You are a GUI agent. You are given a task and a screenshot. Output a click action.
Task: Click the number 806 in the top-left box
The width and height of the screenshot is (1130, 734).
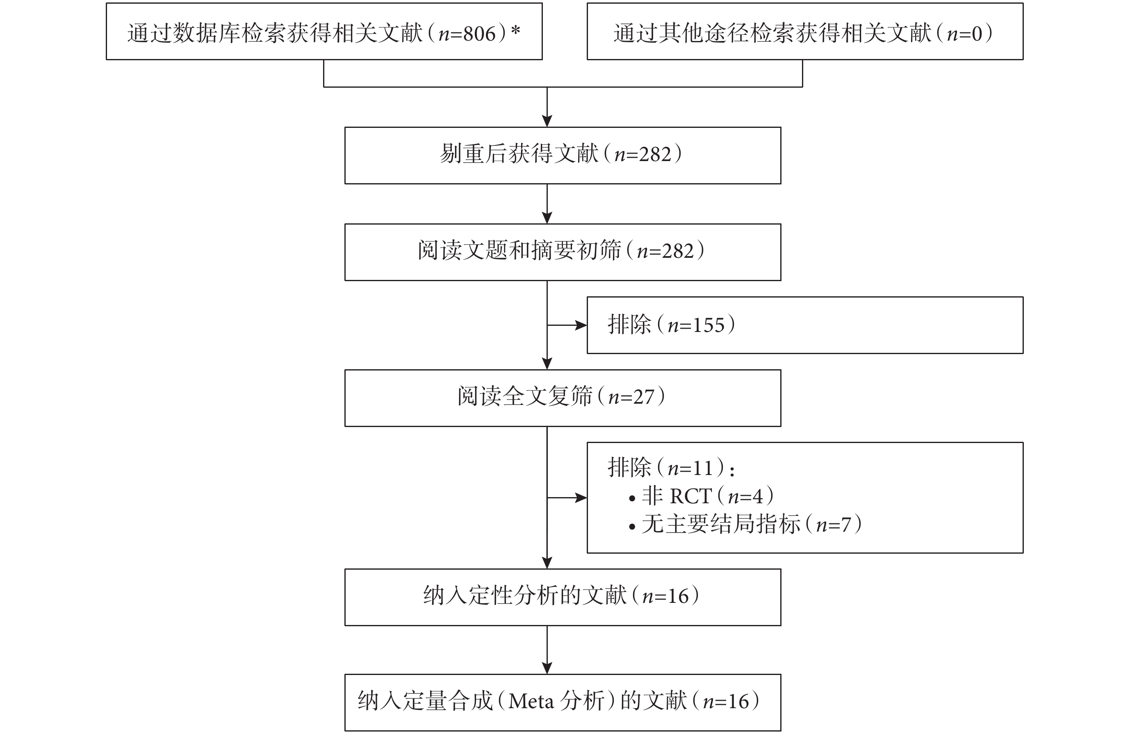click(480, 34)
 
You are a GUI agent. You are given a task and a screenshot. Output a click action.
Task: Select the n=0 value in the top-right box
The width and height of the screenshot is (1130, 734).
click(964, 34)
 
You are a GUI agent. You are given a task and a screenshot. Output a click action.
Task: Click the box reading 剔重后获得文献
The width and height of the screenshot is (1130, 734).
click(563, 155)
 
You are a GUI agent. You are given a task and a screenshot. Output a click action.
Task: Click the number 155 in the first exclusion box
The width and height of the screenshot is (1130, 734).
click(709, 325)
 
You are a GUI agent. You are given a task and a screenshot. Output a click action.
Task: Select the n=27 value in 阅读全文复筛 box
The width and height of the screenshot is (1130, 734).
click(631, 397)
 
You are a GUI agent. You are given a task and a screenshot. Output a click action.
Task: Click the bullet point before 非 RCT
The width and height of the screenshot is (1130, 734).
click(632, 499)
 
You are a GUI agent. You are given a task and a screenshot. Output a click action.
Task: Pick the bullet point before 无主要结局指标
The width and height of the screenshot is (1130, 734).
click(632, 527)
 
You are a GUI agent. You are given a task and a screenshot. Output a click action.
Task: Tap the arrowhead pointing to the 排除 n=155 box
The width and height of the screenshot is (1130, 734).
click(581, 325)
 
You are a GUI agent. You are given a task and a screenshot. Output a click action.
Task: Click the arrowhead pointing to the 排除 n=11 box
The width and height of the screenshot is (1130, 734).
click(581, 498)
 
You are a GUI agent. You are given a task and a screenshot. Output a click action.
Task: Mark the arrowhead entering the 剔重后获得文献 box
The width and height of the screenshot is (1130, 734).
click(547, 120)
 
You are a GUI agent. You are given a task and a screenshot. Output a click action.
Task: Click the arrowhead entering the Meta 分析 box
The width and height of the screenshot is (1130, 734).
click(547, 668)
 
